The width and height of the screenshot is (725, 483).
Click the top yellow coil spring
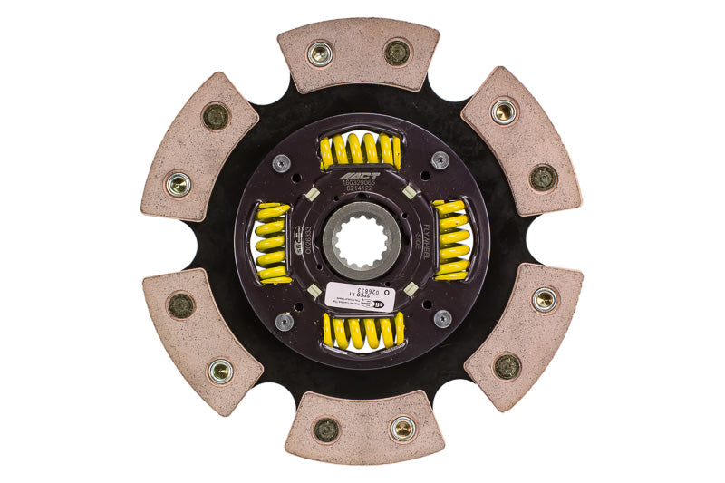click(x=361, y=151)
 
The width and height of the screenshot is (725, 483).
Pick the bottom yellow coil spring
click(x=362, y=331)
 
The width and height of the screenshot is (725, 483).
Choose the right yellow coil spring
click(x=450, y=239)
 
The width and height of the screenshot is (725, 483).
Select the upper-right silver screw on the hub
click(x=440, y=160)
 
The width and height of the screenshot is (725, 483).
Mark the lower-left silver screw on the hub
click(x=284, y=321)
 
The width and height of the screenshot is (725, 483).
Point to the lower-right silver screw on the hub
click(x=441, y=319)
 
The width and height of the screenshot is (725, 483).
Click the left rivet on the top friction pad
click(x=320, y=53)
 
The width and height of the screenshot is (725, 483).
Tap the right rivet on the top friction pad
click(x=397, y=53)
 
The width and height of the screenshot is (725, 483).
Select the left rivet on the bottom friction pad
click(x=326, y=430)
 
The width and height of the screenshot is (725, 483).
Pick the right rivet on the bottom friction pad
click(x=402, y=429)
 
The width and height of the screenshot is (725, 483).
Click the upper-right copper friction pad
click(x=520, y=140)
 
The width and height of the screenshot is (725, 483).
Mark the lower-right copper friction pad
click(x=523, y=336)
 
